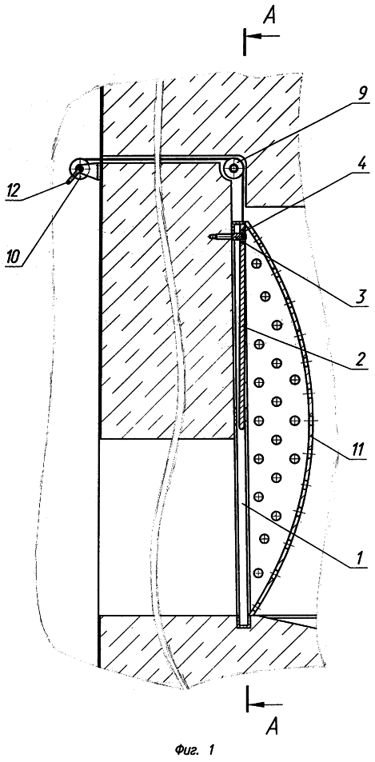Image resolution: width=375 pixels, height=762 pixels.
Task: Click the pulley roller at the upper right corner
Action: pos(234,169)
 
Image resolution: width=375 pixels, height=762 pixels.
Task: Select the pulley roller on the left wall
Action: pos(79,170)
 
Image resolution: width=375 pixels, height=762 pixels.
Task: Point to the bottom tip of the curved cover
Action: pos(250,612)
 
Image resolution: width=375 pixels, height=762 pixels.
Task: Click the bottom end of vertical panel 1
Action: pos(242,625)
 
